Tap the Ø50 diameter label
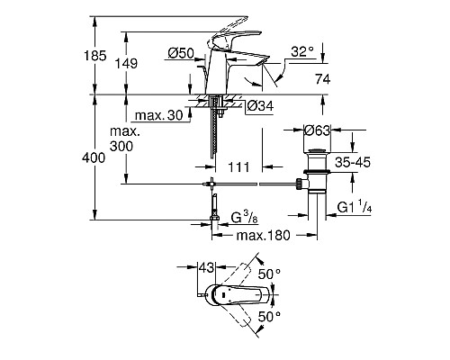[181, 54]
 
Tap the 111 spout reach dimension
[238, 166]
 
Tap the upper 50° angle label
[270, 273]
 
